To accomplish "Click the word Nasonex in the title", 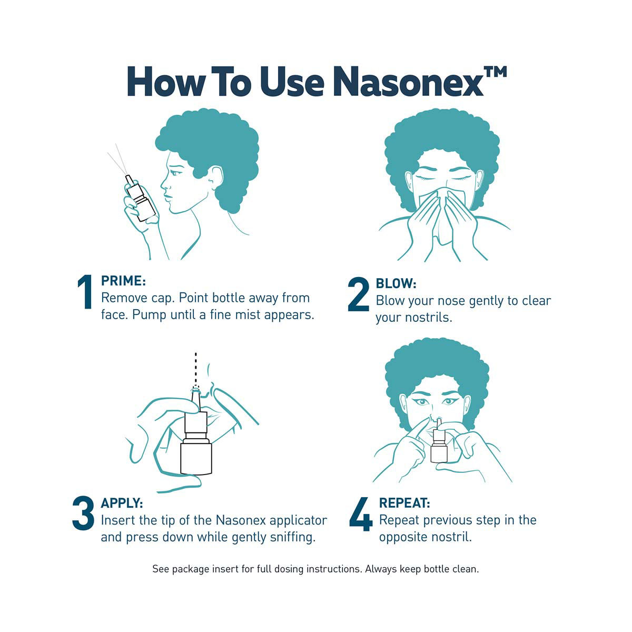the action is coord(411,82).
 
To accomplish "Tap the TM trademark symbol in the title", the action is coord(495,72).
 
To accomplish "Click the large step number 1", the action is coord(85,292).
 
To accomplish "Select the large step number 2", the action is coord(358,294).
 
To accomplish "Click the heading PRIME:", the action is coord(123,281).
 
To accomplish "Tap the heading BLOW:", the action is coord(396,283).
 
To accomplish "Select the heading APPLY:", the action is coord(122,503).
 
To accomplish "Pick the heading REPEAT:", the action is coord(404,503).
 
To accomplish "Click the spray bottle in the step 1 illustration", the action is coord(141,198).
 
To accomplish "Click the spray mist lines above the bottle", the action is coord(118,159).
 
